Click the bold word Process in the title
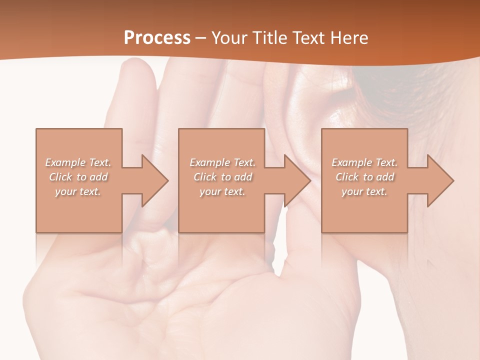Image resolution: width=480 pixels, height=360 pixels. [x=157, y=37]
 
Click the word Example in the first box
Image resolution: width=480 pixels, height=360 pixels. [x=65, y=162]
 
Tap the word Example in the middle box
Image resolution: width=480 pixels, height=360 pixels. [x=209, y=162]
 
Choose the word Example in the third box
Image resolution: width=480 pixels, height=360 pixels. [x=351, y=162]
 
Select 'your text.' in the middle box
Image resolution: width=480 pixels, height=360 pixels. [x=222, y=191]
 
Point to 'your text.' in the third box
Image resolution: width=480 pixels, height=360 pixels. [x=364, y=191]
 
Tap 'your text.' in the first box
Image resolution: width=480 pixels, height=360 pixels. [x=77, y=191]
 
